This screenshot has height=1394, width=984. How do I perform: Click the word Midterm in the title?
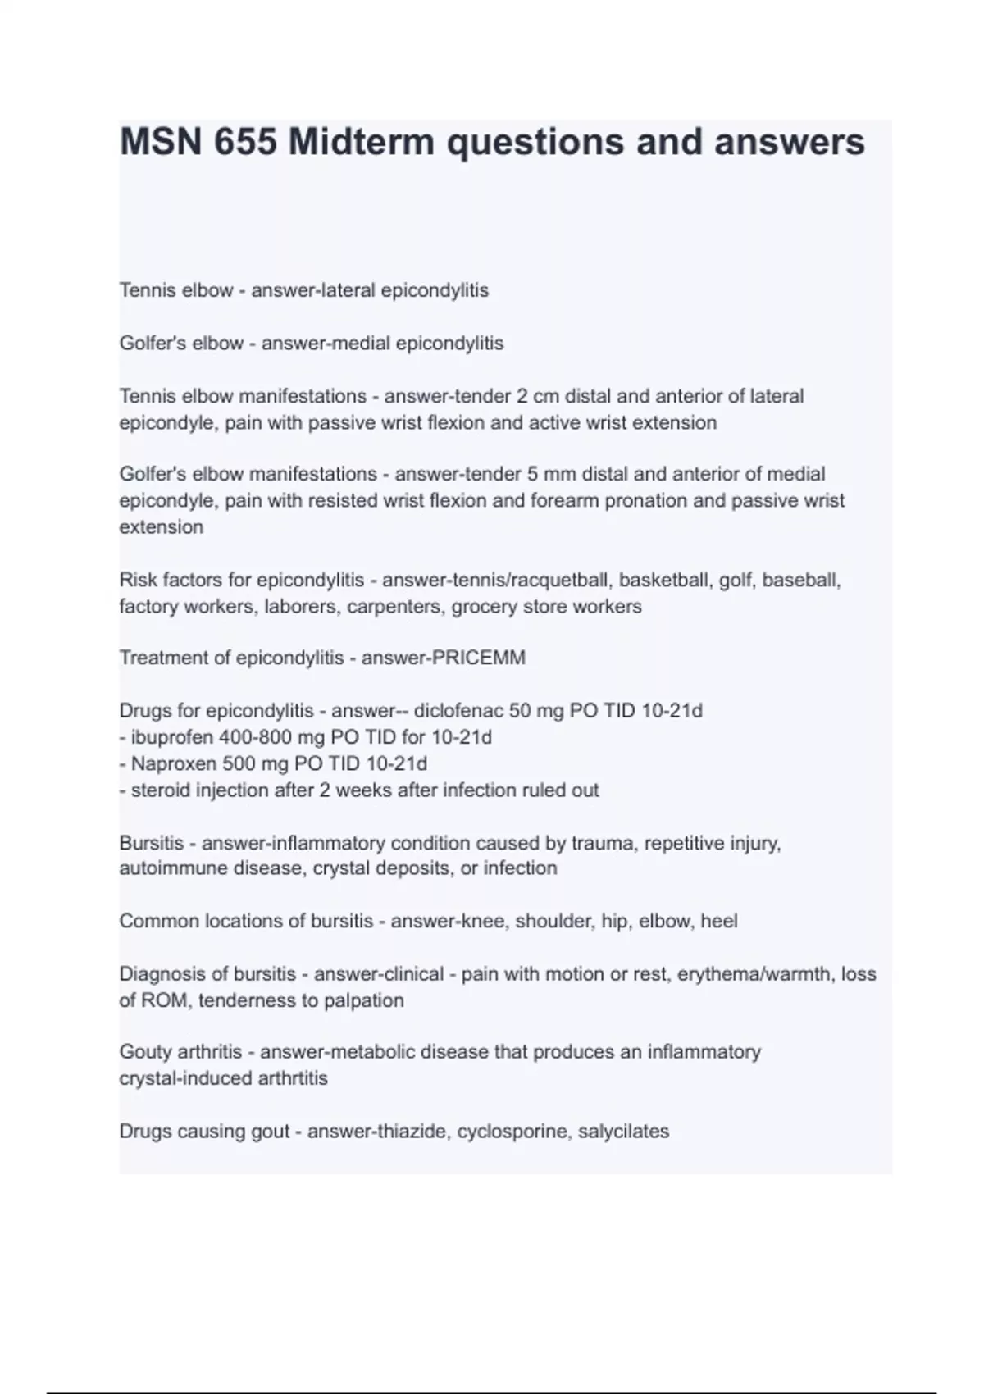pyautogui.click(x=361, y=142)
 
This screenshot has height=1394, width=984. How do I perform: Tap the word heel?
pyautogui.click(x=719, y=922)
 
